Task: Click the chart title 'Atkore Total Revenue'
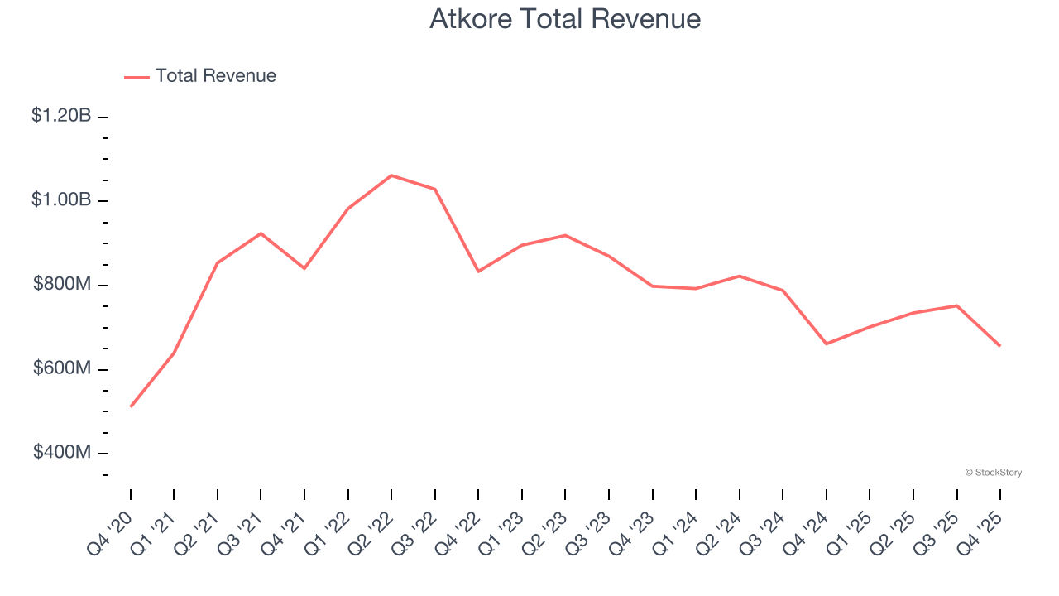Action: (x=565, y=19)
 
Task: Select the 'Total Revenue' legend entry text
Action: (x=215, y=76)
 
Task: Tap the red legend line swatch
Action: (x=137, y=77)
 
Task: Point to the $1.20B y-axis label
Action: (x=61, y=116)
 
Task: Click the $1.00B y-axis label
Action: (x=61, y=199)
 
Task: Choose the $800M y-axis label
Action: (x=62, y=284)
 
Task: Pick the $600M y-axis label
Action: (x=62, y=368)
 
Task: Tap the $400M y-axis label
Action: (x=62, y=452)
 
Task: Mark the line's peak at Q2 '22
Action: (x=391, y=175)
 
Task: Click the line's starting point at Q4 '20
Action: (x=131, y=406)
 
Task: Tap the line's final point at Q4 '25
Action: (x=1000, y=345)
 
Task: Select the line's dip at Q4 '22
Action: (x=478, y=272)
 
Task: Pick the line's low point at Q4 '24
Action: (x=827, y=344)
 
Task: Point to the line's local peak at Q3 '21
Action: (x=261, y=233)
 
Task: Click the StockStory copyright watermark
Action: (x=994, y=473)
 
